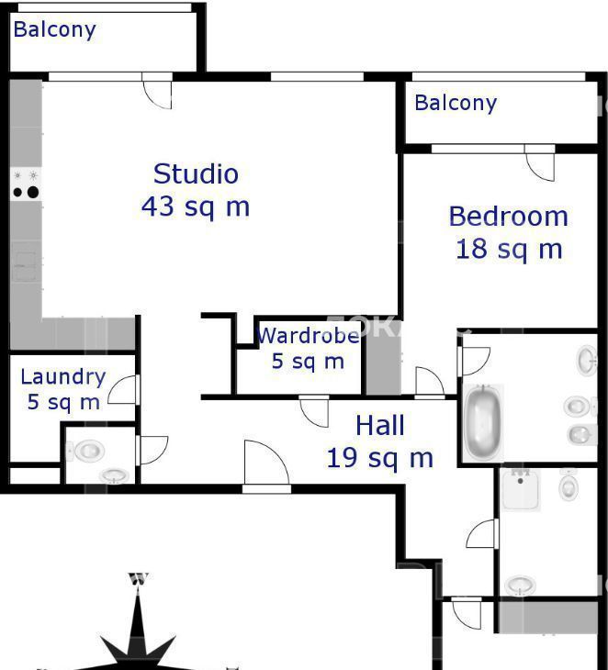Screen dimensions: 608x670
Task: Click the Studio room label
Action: [x=196, y=173]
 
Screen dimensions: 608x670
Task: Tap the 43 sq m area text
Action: [x=196, y=207]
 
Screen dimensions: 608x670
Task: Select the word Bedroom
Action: [x=509, y=217]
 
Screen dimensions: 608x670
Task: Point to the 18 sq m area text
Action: [x=509, y=249]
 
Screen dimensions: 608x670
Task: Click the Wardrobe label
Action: [x=309, y=336]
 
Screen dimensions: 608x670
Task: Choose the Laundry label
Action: [x=63, y=378]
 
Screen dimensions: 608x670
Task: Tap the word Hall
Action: [x=380, y=426]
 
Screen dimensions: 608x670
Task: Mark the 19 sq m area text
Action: [x=380, y=458]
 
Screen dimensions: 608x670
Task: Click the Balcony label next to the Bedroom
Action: [x=456, y=104]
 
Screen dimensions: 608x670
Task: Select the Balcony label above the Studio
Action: [x=55, y=30]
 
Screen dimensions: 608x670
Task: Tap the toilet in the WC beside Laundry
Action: [x=87, y=451]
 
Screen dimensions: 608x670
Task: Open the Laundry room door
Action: [x=124, y=390]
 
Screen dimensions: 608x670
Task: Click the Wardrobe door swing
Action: [x=314, y=411]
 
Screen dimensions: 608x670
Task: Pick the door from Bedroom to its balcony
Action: [x=540, y=162]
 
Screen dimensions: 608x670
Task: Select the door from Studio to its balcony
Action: [x=157, y=91]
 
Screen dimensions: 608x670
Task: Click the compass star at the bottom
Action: [x=138, y=628]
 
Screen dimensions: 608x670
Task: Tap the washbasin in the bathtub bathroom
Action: [x=588, y=360]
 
